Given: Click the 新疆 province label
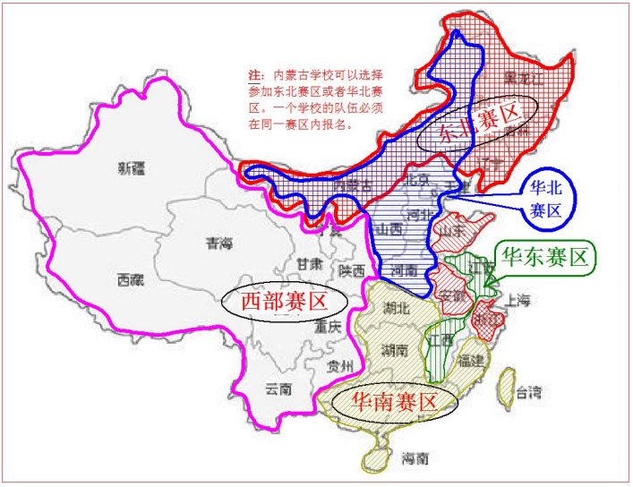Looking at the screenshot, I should (132, 167).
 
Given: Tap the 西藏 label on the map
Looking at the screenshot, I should (130, 279).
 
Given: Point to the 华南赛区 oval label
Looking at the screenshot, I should (394, 402).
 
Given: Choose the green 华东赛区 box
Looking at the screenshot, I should (546, 258).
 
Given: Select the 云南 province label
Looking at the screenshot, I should (279, 389).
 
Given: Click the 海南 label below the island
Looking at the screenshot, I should (415, 459).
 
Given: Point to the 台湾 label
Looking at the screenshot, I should (529, 392).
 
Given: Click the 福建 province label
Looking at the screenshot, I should (471, 361).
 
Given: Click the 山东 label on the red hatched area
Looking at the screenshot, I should (445, 229).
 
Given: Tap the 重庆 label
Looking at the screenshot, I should (327, 328).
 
